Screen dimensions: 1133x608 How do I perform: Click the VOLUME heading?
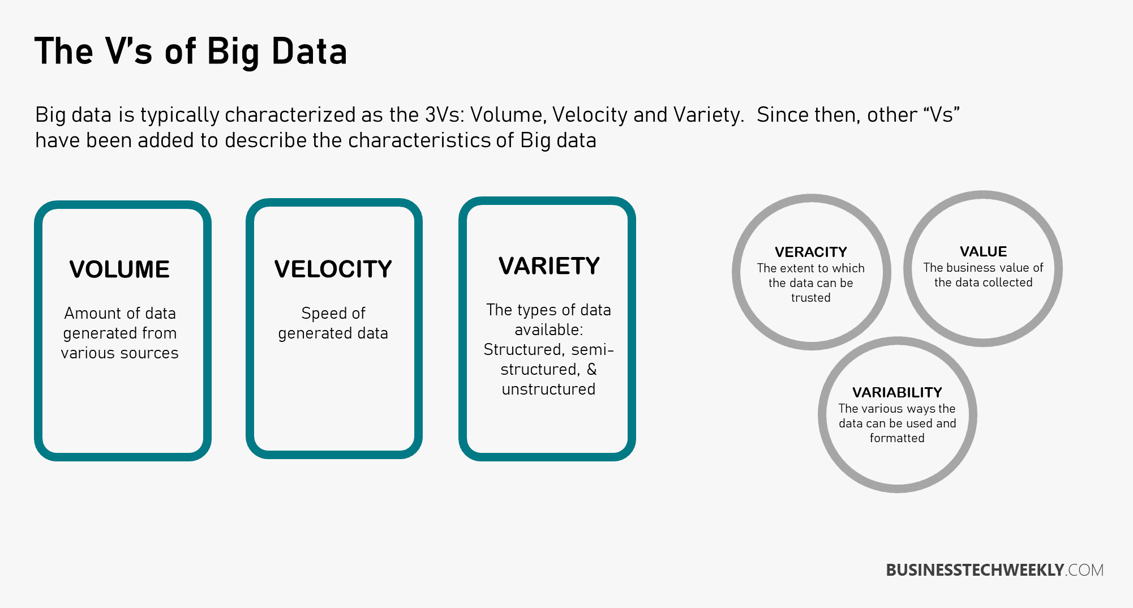119,269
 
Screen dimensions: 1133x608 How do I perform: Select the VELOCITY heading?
333,269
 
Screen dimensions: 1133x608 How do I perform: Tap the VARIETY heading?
549,266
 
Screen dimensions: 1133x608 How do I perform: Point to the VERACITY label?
811,252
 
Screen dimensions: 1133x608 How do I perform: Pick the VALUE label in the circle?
984,251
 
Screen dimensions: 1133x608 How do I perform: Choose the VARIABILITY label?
898,392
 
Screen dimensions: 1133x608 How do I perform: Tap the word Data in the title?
309,52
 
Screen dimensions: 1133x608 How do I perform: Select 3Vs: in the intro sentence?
445,115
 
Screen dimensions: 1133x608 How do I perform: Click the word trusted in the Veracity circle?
811,298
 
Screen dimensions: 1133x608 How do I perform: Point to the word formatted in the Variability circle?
897,438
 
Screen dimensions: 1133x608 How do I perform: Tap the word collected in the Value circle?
1008,282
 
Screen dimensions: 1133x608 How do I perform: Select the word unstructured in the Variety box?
548,389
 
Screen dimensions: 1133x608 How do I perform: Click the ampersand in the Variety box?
592,369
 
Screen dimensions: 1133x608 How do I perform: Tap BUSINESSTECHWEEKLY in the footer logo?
975,570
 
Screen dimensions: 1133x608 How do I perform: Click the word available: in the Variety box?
548,329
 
